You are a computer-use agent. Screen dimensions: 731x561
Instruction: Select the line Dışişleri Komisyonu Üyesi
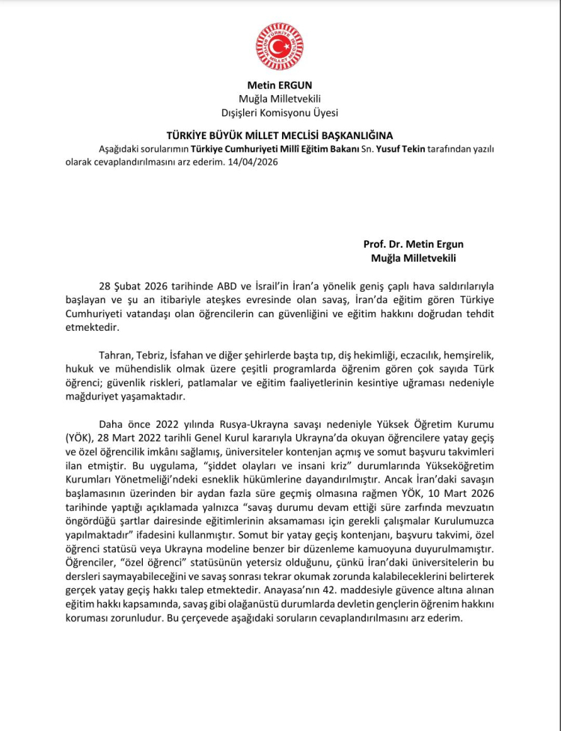click(x=280, y=113)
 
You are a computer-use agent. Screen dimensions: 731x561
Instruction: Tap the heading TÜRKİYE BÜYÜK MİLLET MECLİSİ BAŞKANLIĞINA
click(x=280, y=135)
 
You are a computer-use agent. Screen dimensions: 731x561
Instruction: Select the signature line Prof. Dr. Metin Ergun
click(x=418, y=244)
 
